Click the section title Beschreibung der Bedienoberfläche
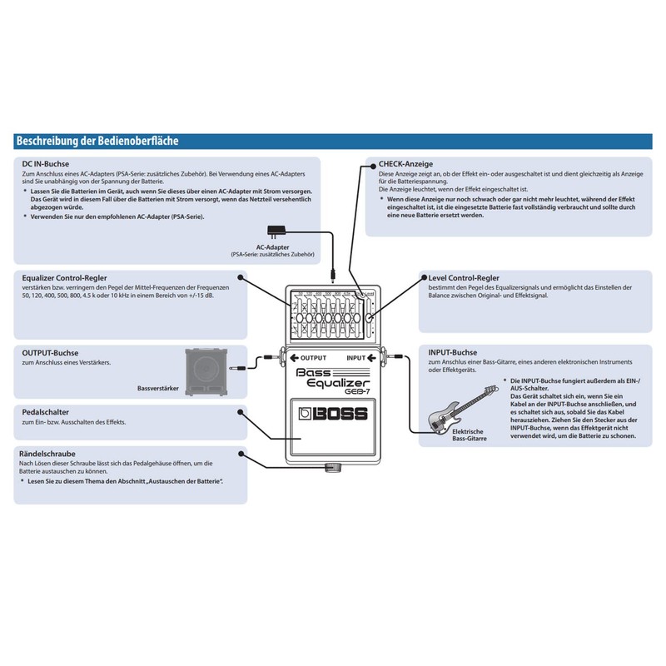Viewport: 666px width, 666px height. (97, 142)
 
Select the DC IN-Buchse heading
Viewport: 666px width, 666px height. (46, 164)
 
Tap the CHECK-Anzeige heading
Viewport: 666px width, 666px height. (405, 164)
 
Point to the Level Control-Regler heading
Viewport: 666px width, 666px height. (463, 277)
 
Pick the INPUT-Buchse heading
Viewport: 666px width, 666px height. (453, 353)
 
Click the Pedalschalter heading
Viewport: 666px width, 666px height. (46, 412)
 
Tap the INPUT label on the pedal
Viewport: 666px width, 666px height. (356, 359)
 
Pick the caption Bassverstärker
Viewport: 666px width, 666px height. (158, 388)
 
